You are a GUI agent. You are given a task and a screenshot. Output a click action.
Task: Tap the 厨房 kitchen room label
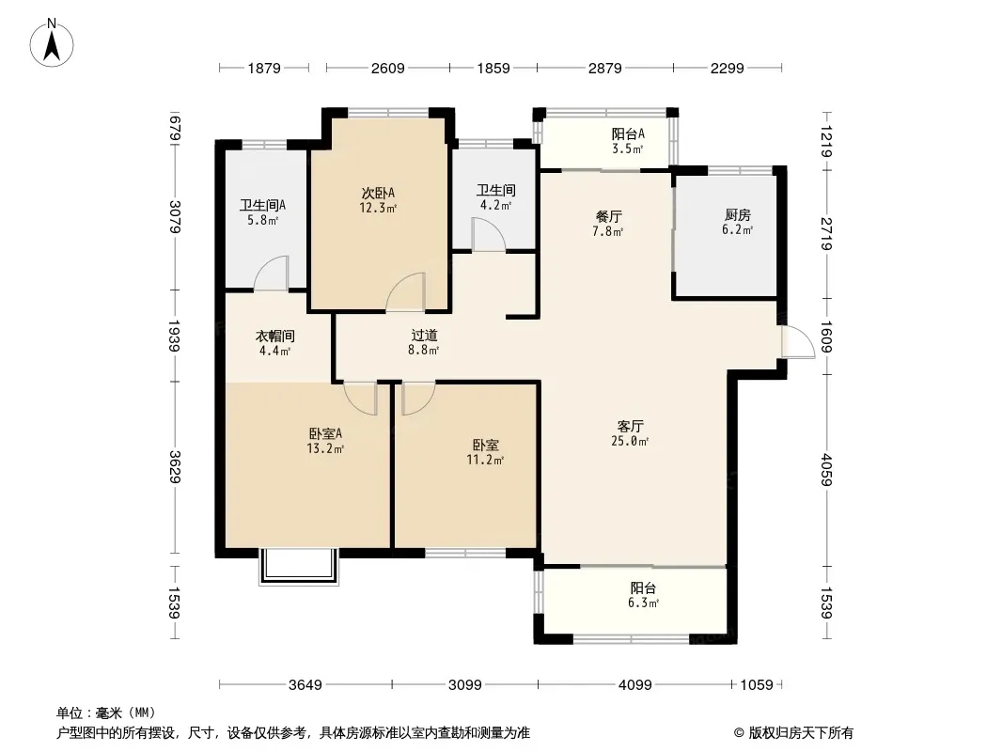pyautogui.click(x=738, y=215)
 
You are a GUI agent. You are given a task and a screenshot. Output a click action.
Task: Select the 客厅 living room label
pyautogui.click(x=630, y=426)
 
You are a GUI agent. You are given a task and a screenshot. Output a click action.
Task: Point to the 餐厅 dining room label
pyautogui.click(x=608, y=216)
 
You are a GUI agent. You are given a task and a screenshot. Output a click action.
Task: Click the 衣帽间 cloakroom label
pyautogui.click(x=274, y=337)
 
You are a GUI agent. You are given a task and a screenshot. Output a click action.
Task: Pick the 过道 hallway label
pyautogui.click(x=424, y=336)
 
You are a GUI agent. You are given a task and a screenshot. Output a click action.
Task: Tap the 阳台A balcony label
pyautogui.click(x=628, y=134)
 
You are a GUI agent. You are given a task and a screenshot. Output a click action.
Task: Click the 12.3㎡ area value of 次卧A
pyautogui.click(x=378, y=208)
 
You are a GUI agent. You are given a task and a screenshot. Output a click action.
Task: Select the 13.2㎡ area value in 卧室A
pyautogui.click(x=325, y=448)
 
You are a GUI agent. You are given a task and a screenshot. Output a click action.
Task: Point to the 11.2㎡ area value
pyautogui.click(x=485, y=460)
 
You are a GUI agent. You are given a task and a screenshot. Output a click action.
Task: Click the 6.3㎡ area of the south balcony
pyautogui.click(x=643, y=603)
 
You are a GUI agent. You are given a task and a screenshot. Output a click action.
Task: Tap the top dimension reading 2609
pyautogui.click(x=388, y=68)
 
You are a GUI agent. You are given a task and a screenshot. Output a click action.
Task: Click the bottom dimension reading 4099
pyautogui.click(x=635, y=685)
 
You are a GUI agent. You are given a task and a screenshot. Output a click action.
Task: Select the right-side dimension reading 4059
pyautogui.click(x=827, y=470)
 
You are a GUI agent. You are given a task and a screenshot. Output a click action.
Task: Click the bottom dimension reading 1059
pyautogui.click(x=757, y=685)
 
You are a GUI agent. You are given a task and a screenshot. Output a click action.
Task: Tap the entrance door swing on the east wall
pyautogui.click(x=798, y=342)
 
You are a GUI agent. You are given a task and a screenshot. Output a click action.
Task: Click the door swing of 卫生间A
pyautogui.click(x=272, y=274)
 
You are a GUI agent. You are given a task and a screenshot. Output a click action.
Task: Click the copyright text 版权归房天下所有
pyautogui.click(x=800, y=733)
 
